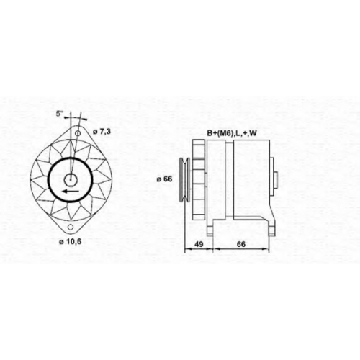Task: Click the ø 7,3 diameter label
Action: [x=102, y=132]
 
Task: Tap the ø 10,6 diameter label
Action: [x=71, y=242]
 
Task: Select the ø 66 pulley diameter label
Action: [x=164, y=179]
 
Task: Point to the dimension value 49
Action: [x=199, y=244]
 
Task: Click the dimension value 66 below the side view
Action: [x=241, y=244]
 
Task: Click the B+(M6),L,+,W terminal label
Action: [x=232, y=133]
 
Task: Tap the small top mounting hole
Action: [x=78, y=133]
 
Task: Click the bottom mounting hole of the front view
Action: [x=71, y=227]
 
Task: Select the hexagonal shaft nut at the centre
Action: [x=71, y=179]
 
